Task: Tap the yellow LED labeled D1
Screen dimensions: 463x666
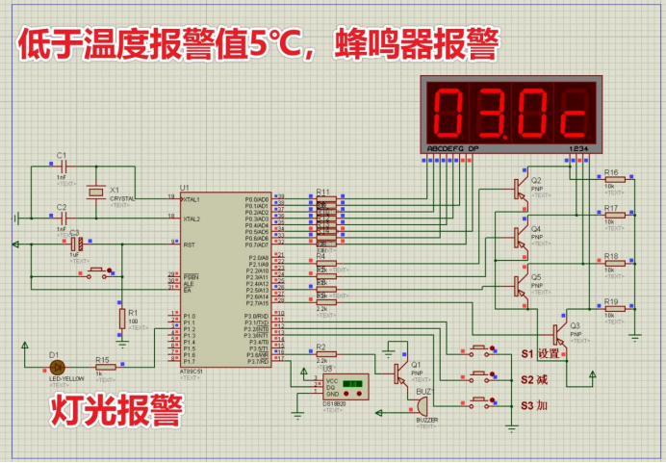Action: pyautogui.click(x=57, y=366)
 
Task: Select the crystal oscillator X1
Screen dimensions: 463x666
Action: pyautogui.click(x=95, y=193)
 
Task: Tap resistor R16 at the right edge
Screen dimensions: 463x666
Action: pyautogui.click(x=613, y=179)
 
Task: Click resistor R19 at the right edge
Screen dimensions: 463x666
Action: pyautogui.click(x=613, y=309)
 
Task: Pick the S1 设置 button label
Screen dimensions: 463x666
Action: pyautogui.click(x=541, y=353)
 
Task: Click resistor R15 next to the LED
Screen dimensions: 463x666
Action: pyautogui.click(x=103, y=366)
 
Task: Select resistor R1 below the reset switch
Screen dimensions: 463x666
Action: pyautogui.click(x=121, y=317)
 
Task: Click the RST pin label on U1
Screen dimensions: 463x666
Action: pyautogui.click(x=190, y=245)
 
